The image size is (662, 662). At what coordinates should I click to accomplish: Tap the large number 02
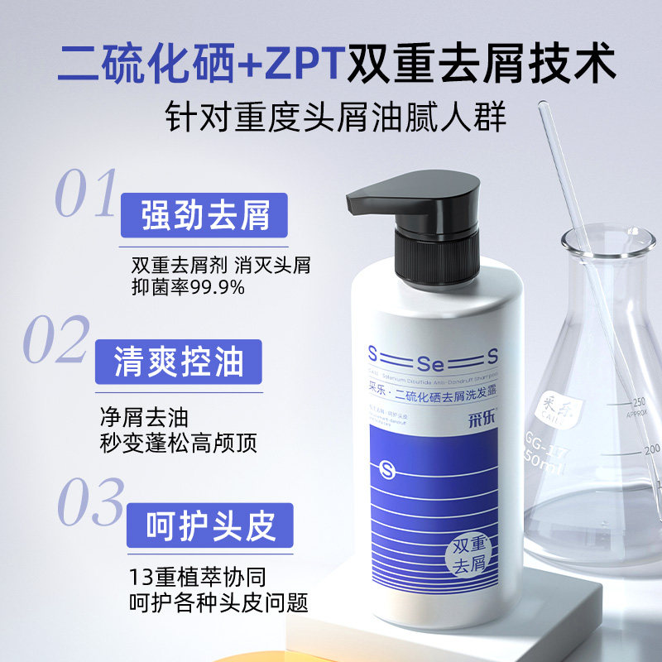tap(56, 340)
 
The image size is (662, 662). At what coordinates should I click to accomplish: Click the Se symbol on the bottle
tap(431, 360)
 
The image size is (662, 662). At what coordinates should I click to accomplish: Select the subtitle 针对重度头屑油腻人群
tap(331, 116)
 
